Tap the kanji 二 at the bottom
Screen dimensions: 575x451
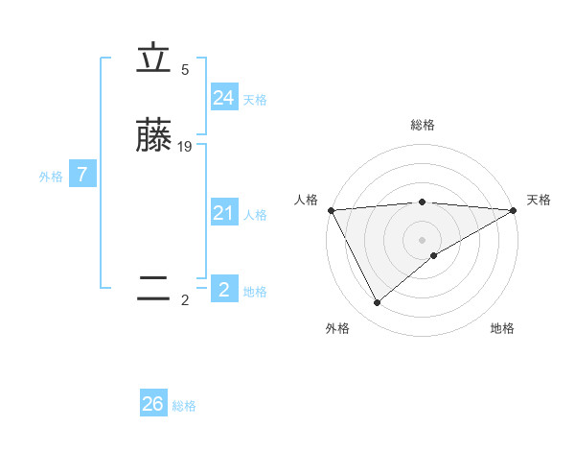[153, 289]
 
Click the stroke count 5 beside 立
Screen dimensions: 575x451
[185, 70]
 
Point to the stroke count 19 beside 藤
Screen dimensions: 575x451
[185, 147]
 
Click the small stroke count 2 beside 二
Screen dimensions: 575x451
[185, 300]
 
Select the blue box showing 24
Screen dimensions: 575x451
[224, 98]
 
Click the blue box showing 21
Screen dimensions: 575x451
[224, 213]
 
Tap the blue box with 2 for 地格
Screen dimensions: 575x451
[224, 290]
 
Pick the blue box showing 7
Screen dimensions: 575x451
[83, 175]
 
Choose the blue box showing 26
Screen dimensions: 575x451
[153, 404]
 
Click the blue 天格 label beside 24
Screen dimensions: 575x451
[255, 100]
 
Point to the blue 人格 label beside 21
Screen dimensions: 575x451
[255, 215]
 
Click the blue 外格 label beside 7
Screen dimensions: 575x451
[51, 177]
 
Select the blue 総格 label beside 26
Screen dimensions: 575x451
[184, 406]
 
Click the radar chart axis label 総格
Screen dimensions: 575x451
[423, 125]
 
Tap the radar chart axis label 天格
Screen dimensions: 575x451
[539, 200]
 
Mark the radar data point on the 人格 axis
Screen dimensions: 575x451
[331, 209]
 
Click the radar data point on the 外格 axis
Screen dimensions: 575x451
[377, 303]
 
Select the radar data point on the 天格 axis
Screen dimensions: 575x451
[514, 209]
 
